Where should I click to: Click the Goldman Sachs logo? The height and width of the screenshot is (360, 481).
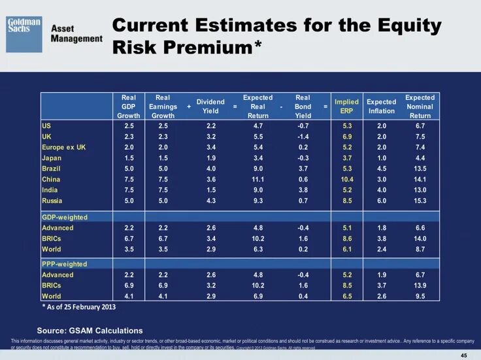point(24,34)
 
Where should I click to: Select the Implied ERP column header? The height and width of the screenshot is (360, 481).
point(346,106)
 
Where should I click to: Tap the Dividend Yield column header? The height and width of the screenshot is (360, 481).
point(210,106)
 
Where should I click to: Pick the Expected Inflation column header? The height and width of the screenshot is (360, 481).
point(382,106)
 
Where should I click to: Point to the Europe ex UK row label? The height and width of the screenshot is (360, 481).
point(63,147)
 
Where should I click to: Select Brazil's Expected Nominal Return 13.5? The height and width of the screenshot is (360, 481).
point(420,169)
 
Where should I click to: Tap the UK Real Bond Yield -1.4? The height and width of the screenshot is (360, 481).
point(303,137)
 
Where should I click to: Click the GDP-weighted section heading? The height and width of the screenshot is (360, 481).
point(65,217)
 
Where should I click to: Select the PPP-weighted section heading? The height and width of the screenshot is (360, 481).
point(64,264)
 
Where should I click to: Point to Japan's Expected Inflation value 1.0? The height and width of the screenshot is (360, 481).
point(382,158)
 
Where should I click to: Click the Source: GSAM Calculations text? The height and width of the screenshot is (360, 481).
point(90,331)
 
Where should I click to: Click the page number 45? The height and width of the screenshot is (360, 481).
point(464,355)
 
